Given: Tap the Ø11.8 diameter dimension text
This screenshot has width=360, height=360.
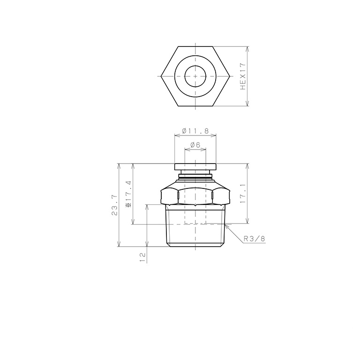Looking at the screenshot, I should [195, 131].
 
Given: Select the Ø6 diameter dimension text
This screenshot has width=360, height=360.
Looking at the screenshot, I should [195, 145].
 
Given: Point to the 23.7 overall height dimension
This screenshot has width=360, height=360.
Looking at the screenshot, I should [114, 205].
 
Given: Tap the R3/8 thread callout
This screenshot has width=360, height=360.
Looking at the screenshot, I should [255, 239].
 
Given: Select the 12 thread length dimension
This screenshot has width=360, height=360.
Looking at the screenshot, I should [142, 256].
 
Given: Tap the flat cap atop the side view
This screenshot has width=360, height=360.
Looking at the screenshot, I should [195, 166].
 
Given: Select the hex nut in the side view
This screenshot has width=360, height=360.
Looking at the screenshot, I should [195, 195].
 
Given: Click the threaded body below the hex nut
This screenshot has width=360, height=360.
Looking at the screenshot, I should [195, 230].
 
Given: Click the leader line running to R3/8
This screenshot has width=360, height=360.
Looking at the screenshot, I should [234, 232].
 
